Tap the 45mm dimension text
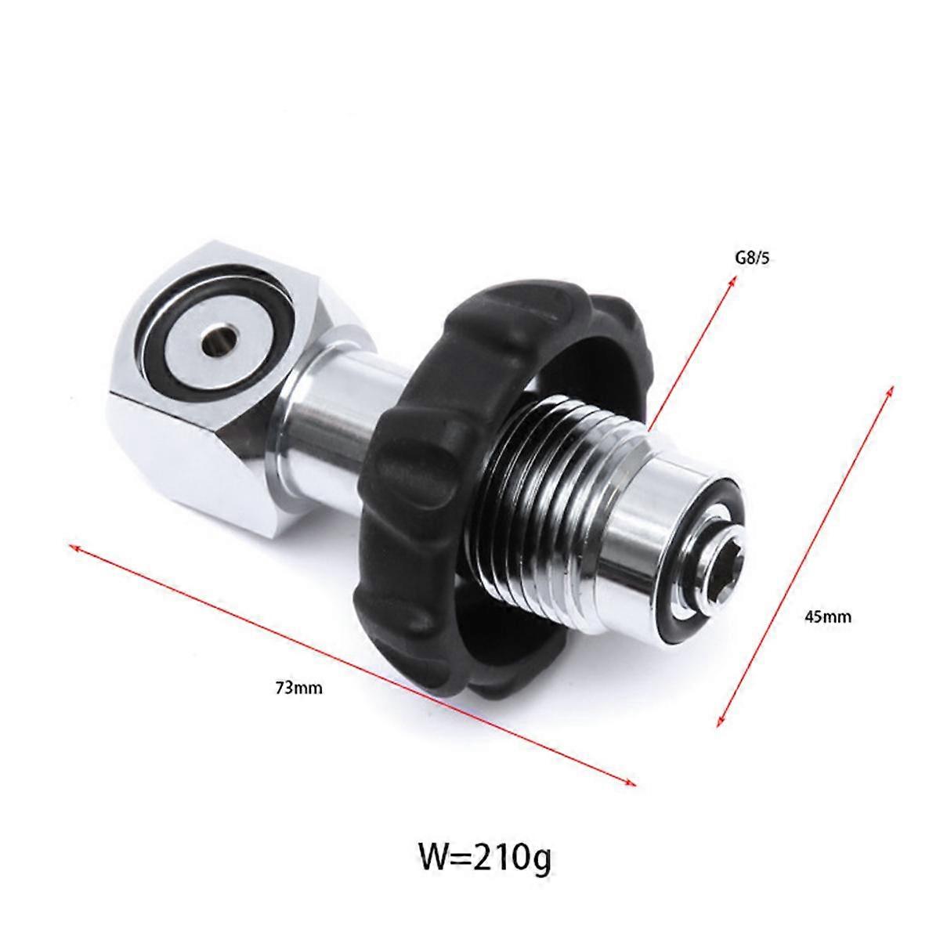[828, 616]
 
